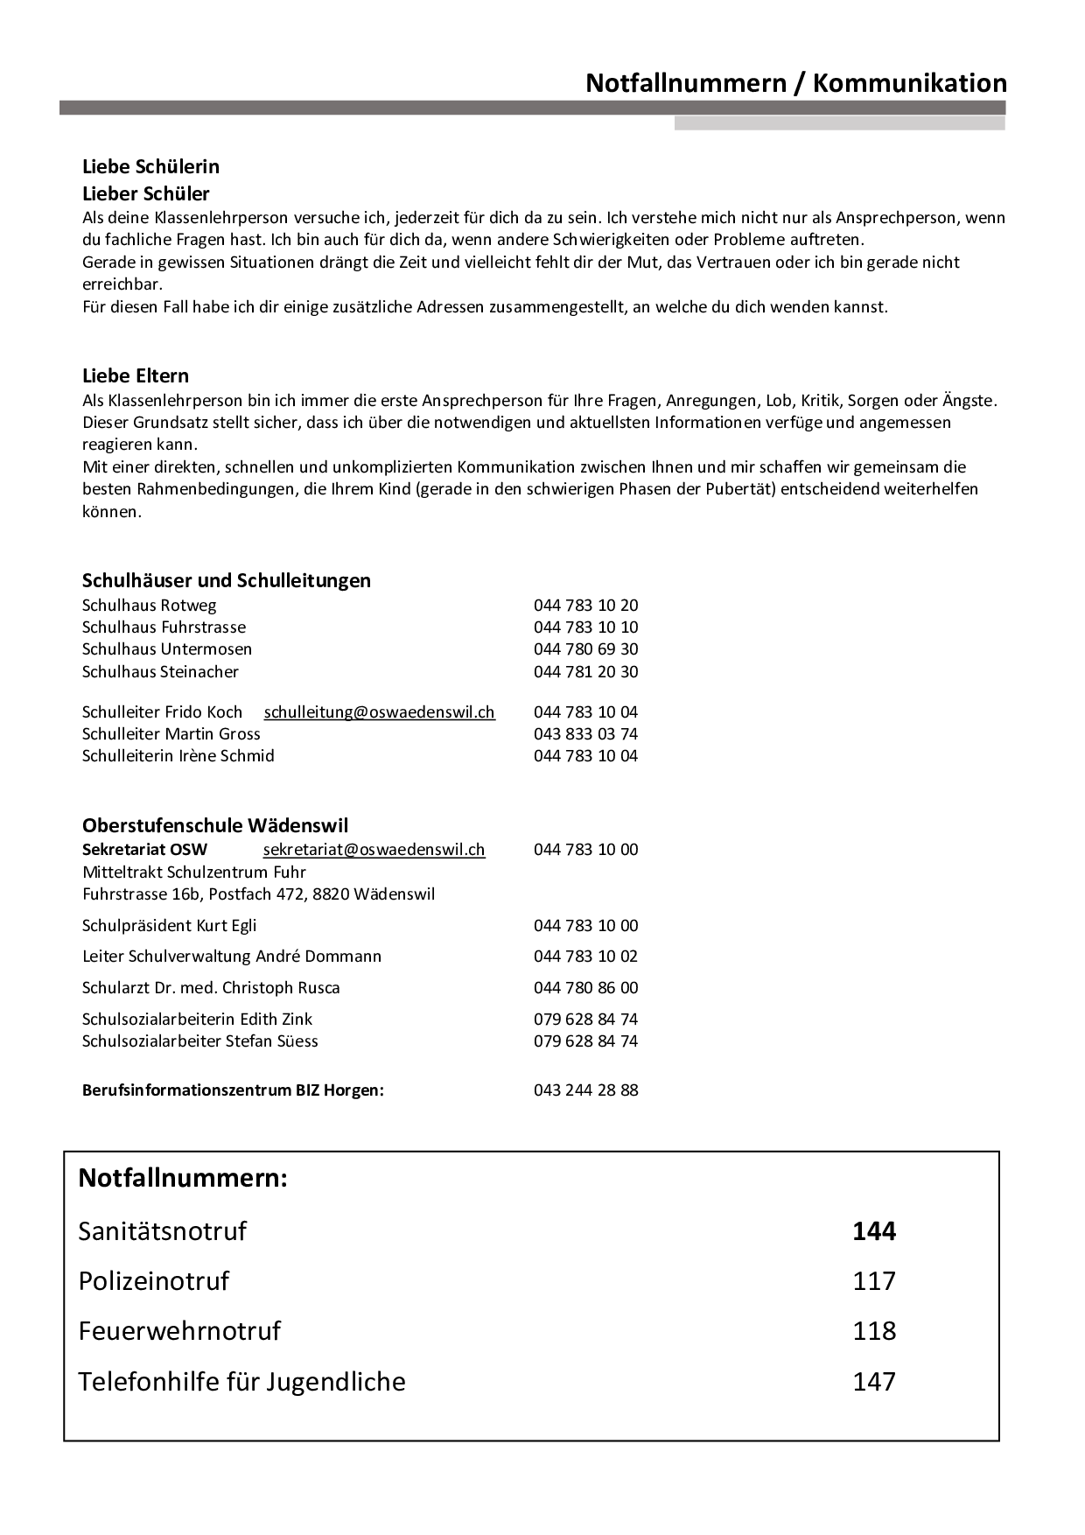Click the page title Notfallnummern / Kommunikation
[x=795, y=83]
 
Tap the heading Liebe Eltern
[x=136, y=375]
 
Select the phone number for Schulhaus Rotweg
[x=585, y=605]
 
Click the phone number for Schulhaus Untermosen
[x=585, y=648]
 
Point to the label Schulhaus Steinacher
[x=160, y=671]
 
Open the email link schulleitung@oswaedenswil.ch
[x=379, y=711]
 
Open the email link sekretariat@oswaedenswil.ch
[x=374, y=849]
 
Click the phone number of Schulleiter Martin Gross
[x=585, y=733]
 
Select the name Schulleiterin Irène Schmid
[x=178, y=755]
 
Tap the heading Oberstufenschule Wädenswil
[x=215, y=824]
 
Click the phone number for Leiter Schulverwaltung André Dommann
[x=585, y=956]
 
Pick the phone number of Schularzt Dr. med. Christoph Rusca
[x=585, y=987]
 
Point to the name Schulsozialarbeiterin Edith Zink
[x=197, y=1019]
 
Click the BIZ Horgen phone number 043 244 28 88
[x=585, y=1090]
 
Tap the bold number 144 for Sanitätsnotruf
[x=874, y=1231]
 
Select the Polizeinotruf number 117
[x=874, y=1281]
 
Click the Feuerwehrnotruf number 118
[x=874, y=1331]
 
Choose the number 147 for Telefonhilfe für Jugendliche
[x=874, y=1382]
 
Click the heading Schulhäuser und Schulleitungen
[x=227, y=580]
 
